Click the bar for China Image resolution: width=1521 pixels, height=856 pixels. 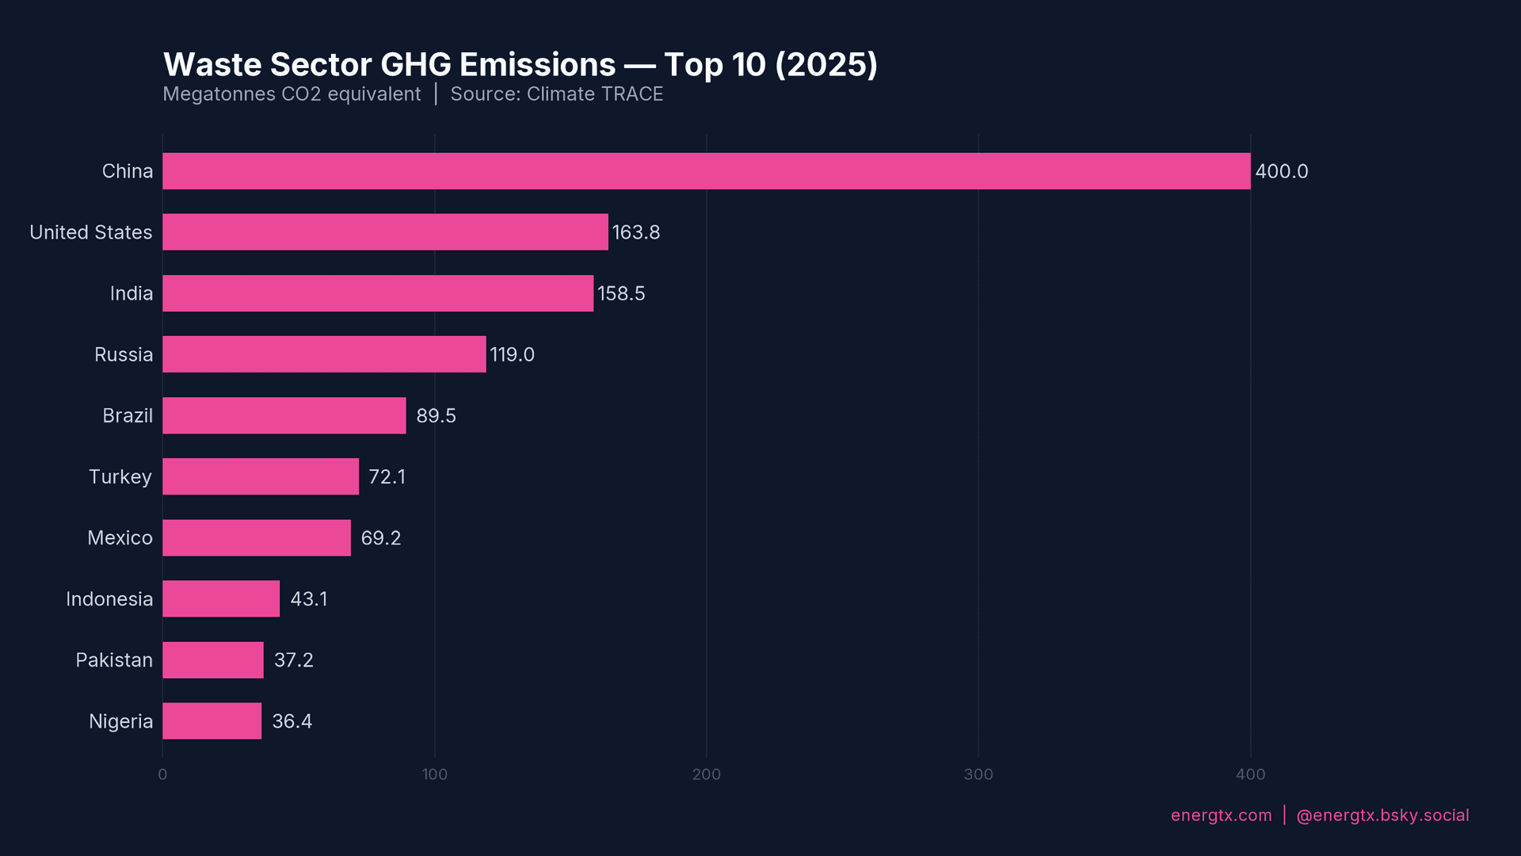pyautogui.click(x=706, y=171)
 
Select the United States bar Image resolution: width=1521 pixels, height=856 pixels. pyautogui.click(x=385, y=232)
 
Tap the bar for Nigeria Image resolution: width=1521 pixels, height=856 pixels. pyautogui.click(x=212, y=721)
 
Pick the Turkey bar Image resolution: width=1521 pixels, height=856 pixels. pyautogui.click(x=261, y=476)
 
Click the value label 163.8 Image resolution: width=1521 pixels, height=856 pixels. pyautogui.click(x=635, y=232)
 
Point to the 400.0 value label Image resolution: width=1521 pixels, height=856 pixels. pyautogui.click(x=1281, y=171)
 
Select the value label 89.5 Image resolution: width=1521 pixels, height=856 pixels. pyautogui.click(x=436, y=416)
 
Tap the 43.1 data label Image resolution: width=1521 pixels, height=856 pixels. pyautogui.click(x=308, y=599)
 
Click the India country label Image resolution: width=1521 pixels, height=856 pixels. pyautogui.click(x=132, y=294)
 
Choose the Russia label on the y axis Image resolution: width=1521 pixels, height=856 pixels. pyautogui.click(x=124, y=355)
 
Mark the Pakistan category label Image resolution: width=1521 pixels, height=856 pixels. pyautogui.click(x=114, y=660)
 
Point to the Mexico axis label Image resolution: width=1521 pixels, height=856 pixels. pyautogui.click(x=120, y=538)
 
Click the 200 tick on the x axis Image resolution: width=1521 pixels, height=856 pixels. pyautogui.click(x=706, y=774)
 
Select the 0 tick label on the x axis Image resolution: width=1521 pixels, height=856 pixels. pyautogui.click(x=162, y=774)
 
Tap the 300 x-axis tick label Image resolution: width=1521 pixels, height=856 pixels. pyautogui.click(x=978, y=774)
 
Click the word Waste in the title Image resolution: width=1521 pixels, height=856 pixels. pyautogui.click(x=212, y=65)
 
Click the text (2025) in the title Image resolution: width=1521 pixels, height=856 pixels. pyautogui.click(x=825, y=65)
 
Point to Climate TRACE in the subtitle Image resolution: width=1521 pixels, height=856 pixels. pyautogui.click(x=594, y=94)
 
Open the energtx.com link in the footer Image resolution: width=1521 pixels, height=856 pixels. pyautogui.click(x=1221, y=816)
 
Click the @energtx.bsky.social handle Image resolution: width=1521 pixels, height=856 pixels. pyautogui.click(x=1382, y=816)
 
